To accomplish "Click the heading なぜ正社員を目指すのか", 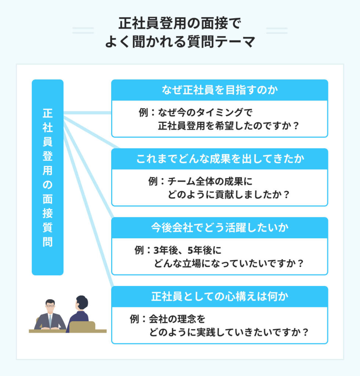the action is (x=219, y=90).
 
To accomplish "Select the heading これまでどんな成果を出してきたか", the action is (x=220, y=159).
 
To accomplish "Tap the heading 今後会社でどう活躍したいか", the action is (x=219, y=228).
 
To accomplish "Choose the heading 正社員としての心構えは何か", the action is (x=219, y=296).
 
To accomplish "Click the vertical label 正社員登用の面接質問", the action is (x=48, y=177).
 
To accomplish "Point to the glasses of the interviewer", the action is (x=50, y=306).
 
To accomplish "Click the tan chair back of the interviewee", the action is (x=82, y=326).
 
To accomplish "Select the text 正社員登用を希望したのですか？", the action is (x=229, y=126).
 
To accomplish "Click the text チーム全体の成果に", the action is (x=210, y=181).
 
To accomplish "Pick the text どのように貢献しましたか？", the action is (x=229, y=195).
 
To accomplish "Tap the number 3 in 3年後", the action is (x=156, y=250).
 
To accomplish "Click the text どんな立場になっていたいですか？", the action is (x=229, y=263).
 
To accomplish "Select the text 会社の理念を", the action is (x=177, y=319).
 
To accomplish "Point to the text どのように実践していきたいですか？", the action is (x=229, y=332).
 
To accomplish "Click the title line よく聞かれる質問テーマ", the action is (x=180, y=42).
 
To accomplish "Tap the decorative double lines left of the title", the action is (x=83, y=30).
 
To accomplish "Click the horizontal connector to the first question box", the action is (x=87, y=113).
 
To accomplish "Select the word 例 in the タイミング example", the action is (x=143, y=112).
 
